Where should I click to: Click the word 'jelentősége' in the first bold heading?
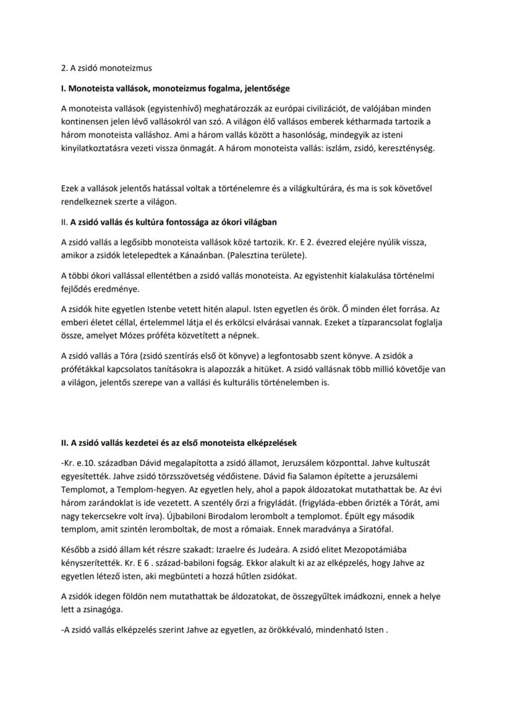click(267, 89)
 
